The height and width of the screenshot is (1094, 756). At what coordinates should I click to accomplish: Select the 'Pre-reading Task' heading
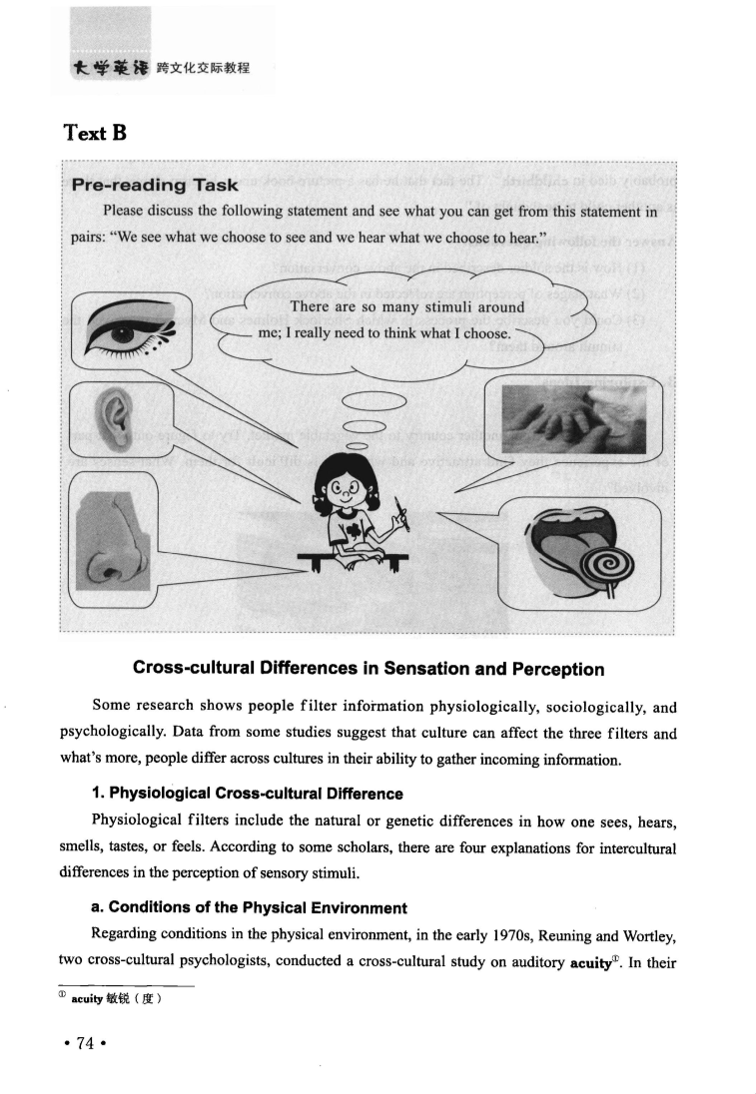pyautogui.click(x=155, y=185)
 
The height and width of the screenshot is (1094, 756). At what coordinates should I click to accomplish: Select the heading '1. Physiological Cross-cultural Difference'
pyautogui.click(x=247, y=794)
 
